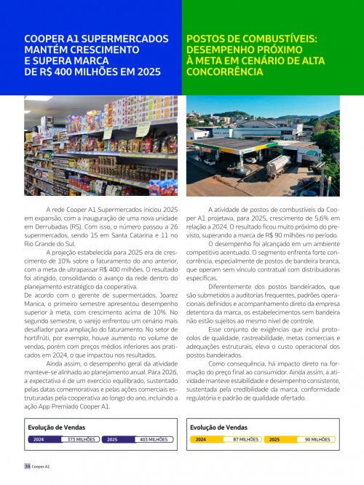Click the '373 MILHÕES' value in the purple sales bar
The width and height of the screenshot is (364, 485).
tap(81, 440)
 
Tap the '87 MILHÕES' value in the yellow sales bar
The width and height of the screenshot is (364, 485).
tap(245, 440)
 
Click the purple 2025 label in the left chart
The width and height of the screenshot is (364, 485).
tap(112, 440)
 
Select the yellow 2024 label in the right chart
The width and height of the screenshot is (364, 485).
tap(201, 440)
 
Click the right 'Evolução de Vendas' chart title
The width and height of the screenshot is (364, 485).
tap(218, 427)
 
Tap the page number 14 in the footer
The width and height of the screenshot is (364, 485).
tap(27, 465)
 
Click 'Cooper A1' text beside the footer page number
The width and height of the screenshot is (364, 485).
tap(41, 465)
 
